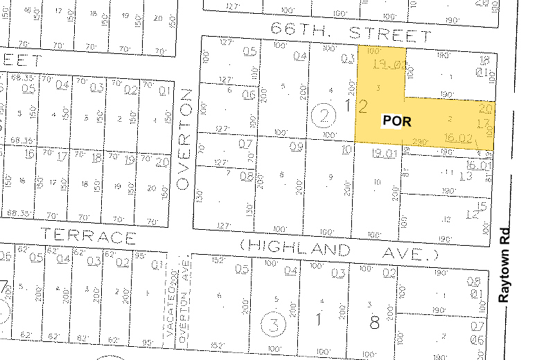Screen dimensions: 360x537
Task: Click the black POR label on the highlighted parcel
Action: pyautogui.click(x=397, y=121)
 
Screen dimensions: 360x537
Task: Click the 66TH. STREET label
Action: pyautogui.click(x=351, y=32)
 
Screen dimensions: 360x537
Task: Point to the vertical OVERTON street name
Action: pyautogui.click(x=183, y=138)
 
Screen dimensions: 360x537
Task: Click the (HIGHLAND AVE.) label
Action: pyautogui.click(x=340, y=249)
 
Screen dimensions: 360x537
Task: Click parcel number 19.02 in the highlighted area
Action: pyautogui.click(x=380, y=67)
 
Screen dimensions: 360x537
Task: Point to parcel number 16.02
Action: pyautogui.click(x=459, y=138)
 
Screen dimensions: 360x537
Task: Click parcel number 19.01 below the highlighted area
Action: pyautogui.click(x=382, y=153)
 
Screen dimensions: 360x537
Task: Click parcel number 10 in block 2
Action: pyautogui.click(x=346, y=148)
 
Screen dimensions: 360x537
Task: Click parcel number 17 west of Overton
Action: pyautogui.click(x=63, y=156)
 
